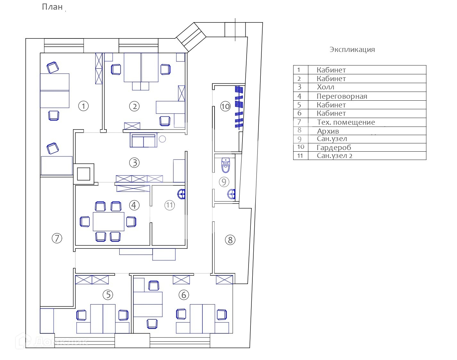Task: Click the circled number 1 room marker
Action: click(x=83, y=106)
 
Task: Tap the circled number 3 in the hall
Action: click(x=134, y=163)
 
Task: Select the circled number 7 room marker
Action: click(x=57, y=238)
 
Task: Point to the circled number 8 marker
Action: click(x=230, y=240)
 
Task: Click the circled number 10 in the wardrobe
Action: click(x=225, y=106)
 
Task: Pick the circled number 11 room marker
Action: click(x=170, y=205)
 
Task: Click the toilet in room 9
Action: click(x=226, y=165)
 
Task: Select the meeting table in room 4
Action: click(x=108, y=221)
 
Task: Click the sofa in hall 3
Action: click(x=144, y=140)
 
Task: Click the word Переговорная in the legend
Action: click(x=342, y=96)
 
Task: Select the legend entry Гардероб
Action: click(x=334, y=147)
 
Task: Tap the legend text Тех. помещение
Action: click(x=346, y=122)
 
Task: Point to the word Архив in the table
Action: click(x=328, y=131)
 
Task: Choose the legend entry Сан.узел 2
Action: click(x=334, y=156)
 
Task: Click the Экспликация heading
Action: click(x=352, y=50)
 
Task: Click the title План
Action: click(x=52, y=7)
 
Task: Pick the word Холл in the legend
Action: click(x=326, y=87)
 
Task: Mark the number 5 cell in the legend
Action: click(x=300, y=105)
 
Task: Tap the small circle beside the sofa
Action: click(x=162, y=139)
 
